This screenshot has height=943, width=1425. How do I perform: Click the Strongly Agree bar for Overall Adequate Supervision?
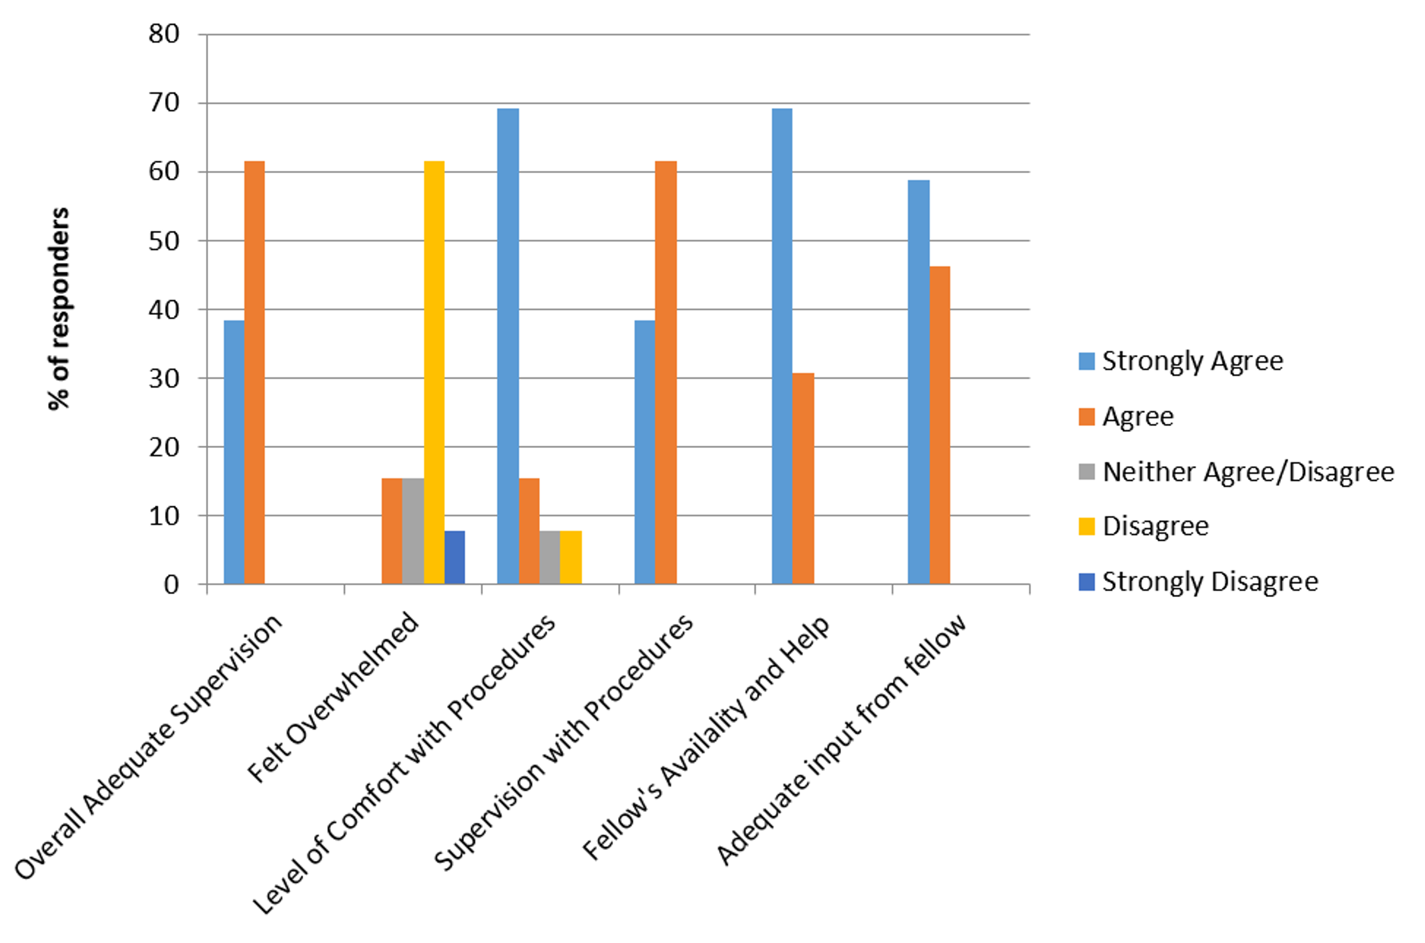[234, 452]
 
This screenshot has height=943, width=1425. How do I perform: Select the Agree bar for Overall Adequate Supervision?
[254, 372]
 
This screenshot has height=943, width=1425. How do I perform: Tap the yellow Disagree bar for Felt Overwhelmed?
[434, 372]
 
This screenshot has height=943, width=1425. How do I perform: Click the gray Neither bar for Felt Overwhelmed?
[413, 531]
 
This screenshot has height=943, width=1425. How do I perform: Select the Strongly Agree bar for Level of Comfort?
[508, 346]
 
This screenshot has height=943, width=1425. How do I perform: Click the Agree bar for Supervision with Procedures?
[665, 372]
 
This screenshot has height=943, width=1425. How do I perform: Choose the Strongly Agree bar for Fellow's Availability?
[782, 346]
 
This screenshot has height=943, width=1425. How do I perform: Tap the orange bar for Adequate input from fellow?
[940, 425]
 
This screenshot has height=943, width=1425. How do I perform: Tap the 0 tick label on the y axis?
[171, 584]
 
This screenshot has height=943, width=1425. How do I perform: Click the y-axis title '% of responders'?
[59, 308]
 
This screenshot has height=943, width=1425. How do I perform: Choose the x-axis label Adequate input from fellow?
[842, 740]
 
